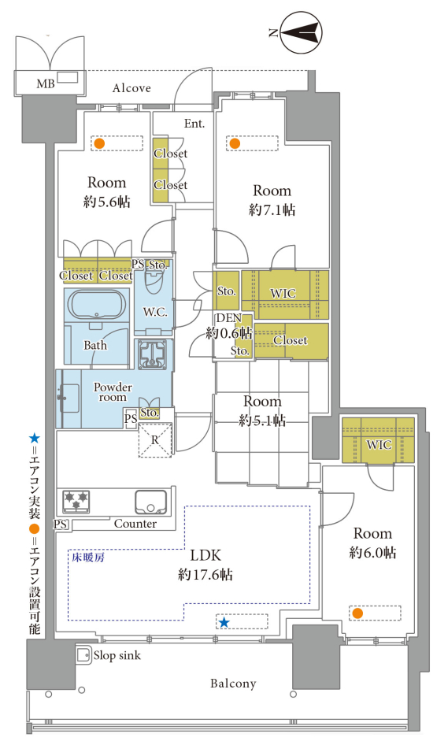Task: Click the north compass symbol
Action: pos(301,32)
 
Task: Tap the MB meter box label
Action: pos(46,84)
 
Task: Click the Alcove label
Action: pos(131,88)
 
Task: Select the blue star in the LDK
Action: pos(224,622)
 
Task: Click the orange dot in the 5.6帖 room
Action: pos(99,143)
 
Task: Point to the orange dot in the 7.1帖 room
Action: pos(235,143)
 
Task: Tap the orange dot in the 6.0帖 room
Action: pos(357,613)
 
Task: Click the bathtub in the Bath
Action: pos(97,306)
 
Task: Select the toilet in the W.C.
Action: pos(154,283)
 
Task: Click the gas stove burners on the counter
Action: pos(76,502)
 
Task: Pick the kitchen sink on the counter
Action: pos(150,502)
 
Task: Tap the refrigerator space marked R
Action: pos(155,439)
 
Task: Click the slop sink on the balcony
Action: pos(83,654)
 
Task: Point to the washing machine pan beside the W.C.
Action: pos(154,354)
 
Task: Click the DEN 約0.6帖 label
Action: pos(229,325)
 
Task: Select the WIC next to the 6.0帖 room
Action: pos(378,440)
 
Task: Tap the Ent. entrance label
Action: pos(194,124)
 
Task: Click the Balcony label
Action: pos(233,684)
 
